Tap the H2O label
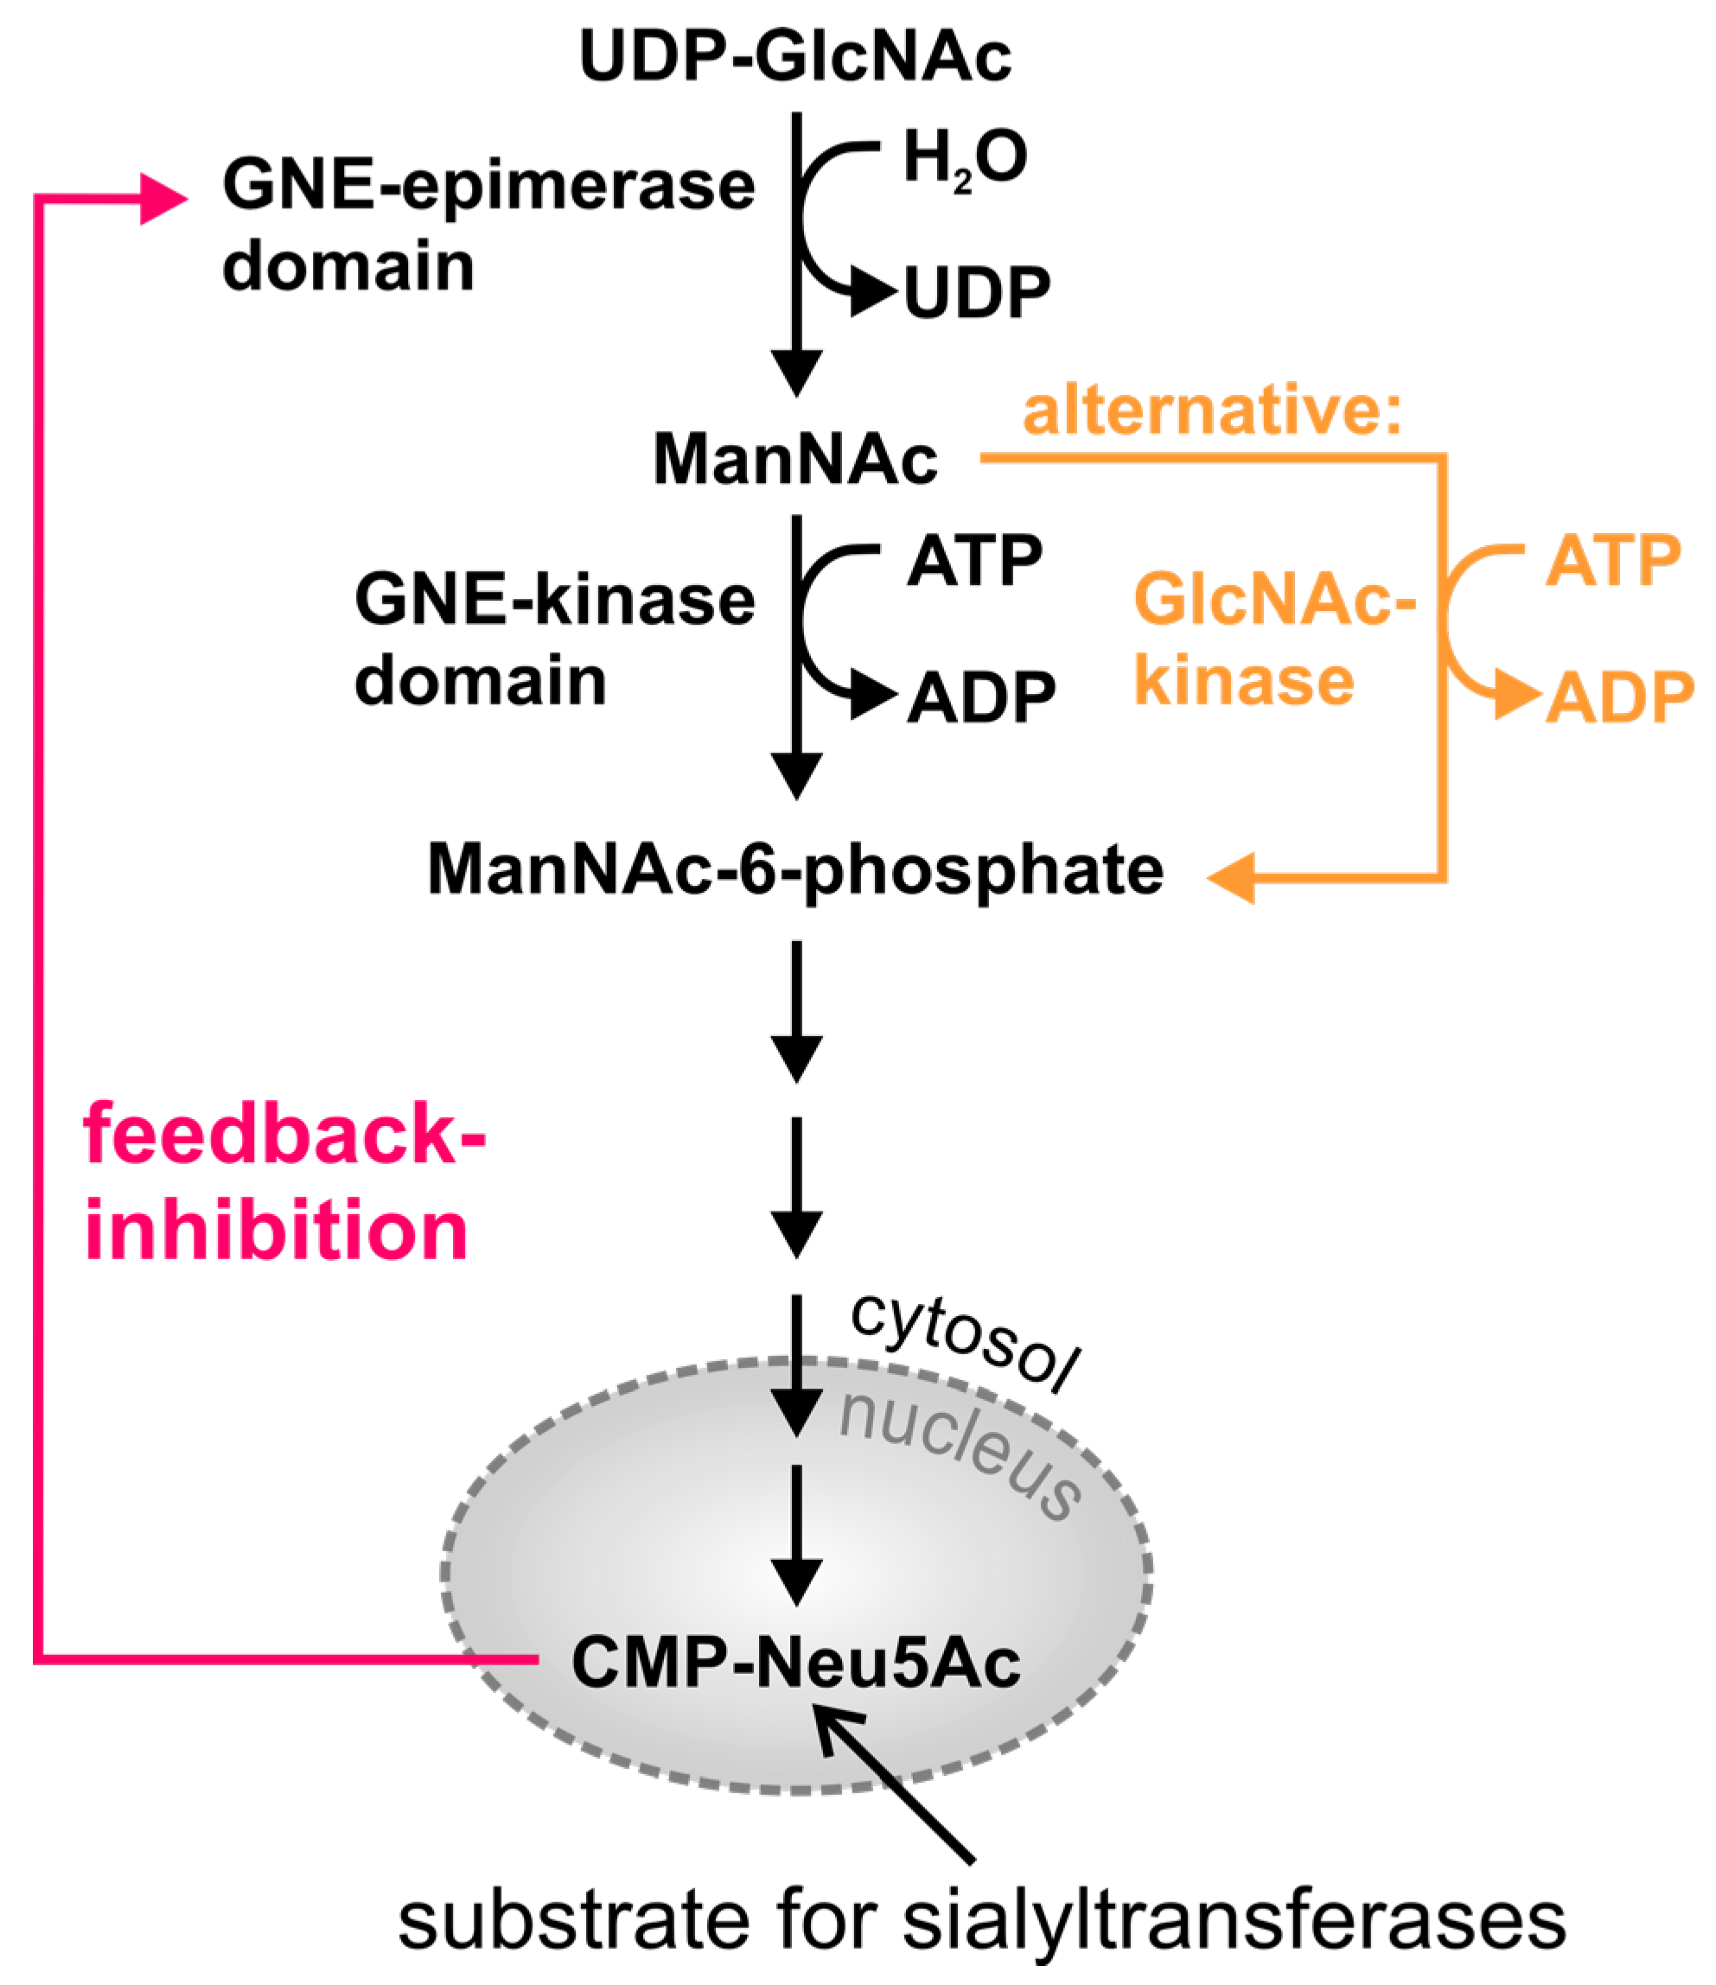click(x=964, y=158)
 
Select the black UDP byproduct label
click(x=976, y=293)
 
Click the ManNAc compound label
click(x=794, y=460)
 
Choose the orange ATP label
click(x=1612, y=562)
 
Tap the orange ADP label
click(x=1619, y=698)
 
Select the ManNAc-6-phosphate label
click(x=794, y=870)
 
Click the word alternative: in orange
click(x=1212, y=410)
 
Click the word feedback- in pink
click(x=284, y=1135)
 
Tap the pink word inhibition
click(x=276, y=1231)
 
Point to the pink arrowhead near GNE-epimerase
click(x=163, y=200)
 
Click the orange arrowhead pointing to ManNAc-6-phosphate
click(x=1232, y=877)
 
